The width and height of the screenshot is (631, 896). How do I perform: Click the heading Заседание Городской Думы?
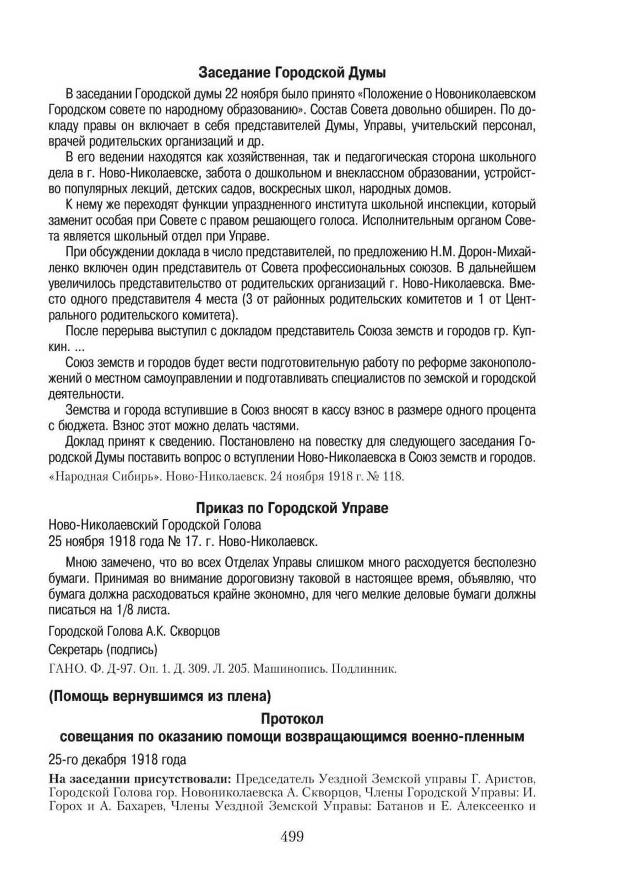coord(292,73)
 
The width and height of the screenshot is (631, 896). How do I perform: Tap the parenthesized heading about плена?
coord(160,697)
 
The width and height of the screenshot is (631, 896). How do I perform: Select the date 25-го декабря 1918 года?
coord(117,759)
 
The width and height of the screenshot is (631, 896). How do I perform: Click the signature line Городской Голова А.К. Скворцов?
coord(134,631)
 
